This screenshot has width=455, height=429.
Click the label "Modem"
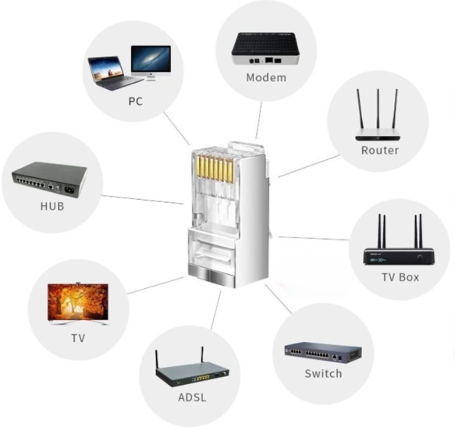266,78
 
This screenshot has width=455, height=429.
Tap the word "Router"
380,150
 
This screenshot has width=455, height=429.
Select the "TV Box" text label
400,277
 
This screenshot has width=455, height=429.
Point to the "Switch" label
323,373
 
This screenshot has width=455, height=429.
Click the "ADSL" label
192,397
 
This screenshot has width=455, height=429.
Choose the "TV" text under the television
78,338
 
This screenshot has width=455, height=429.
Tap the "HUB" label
52,206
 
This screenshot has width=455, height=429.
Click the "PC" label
135,102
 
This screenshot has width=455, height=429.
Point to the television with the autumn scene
78,302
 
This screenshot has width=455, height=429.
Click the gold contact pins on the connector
216,170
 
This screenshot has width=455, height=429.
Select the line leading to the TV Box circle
314,239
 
